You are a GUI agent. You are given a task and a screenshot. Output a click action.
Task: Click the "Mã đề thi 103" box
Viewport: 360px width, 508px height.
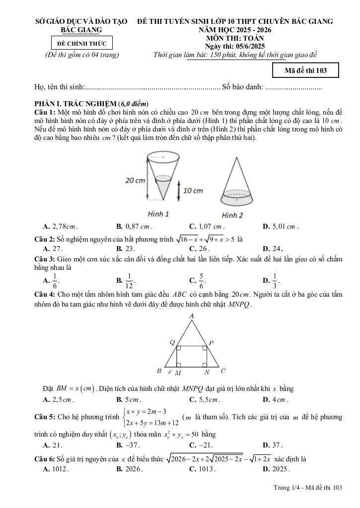tap(305, 70)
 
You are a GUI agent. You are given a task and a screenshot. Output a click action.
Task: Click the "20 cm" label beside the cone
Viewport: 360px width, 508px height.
tap(135, 181)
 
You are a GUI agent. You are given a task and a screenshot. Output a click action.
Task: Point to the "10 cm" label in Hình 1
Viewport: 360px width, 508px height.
tap(193, 190)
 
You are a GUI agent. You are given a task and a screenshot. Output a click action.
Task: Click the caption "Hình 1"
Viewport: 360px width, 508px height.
tap(159, 214)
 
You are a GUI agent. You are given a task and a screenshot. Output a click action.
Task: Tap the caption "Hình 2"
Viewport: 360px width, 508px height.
tap(232, 215)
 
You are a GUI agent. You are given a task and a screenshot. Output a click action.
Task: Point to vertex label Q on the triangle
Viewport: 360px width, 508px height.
tap(172, 342)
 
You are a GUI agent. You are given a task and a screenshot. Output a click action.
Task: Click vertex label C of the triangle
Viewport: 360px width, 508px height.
tap(223, 371)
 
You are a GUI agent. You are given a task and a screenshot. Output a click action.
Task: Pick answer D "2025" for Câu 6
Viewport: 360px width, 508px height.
tap(281, 469)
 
